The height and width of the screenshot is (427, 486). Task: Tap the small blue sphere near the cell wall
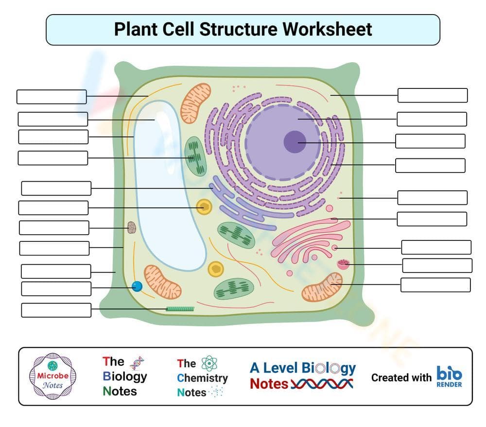[x=138, y=287]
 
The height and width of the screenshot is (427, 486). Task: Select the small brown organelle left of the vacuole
[x=132, y=227]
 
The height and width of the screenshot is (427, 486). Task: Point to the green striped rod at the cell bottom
[x=180, y=308]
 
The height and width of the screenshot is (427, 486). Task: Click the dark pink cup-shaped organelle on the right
[x=344, y=264]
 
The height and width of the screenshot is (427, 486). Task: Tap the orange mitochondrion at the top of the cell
[x=196, y=100]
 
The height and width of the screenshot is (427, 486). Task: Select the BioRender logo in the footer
[x=449, y=376]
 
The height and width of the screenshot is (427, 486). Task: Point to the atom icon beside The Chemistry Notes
[x=209, y=363]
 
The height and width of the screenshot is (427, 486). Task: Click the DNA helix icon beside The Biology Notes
[x=138, y=363]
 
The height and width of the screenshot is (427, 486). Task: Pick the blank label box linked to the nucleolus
[x=430, y=141]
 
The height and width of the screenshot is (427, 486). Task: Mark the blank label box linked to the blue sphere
[x=56, y=289]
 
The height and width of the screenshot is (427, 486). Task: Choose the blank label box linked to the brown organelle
[x=54, y=227]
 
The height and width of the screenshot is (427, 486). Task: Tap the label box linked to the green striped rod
[x=56, y=310]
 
